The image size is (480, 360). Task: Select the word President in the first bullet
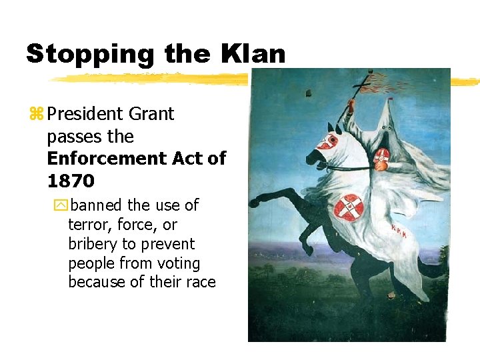click(86, 114)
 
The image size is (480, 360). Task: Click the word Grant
click(151, 114)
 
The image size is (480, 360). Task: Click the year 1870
click(71, 181)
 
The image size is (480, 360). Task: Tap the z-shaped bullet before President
click(36, 115)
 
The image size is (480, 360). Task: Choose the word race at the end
click(200, 282)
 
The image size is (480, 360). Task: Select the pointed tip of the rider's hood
click(387, 100)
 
